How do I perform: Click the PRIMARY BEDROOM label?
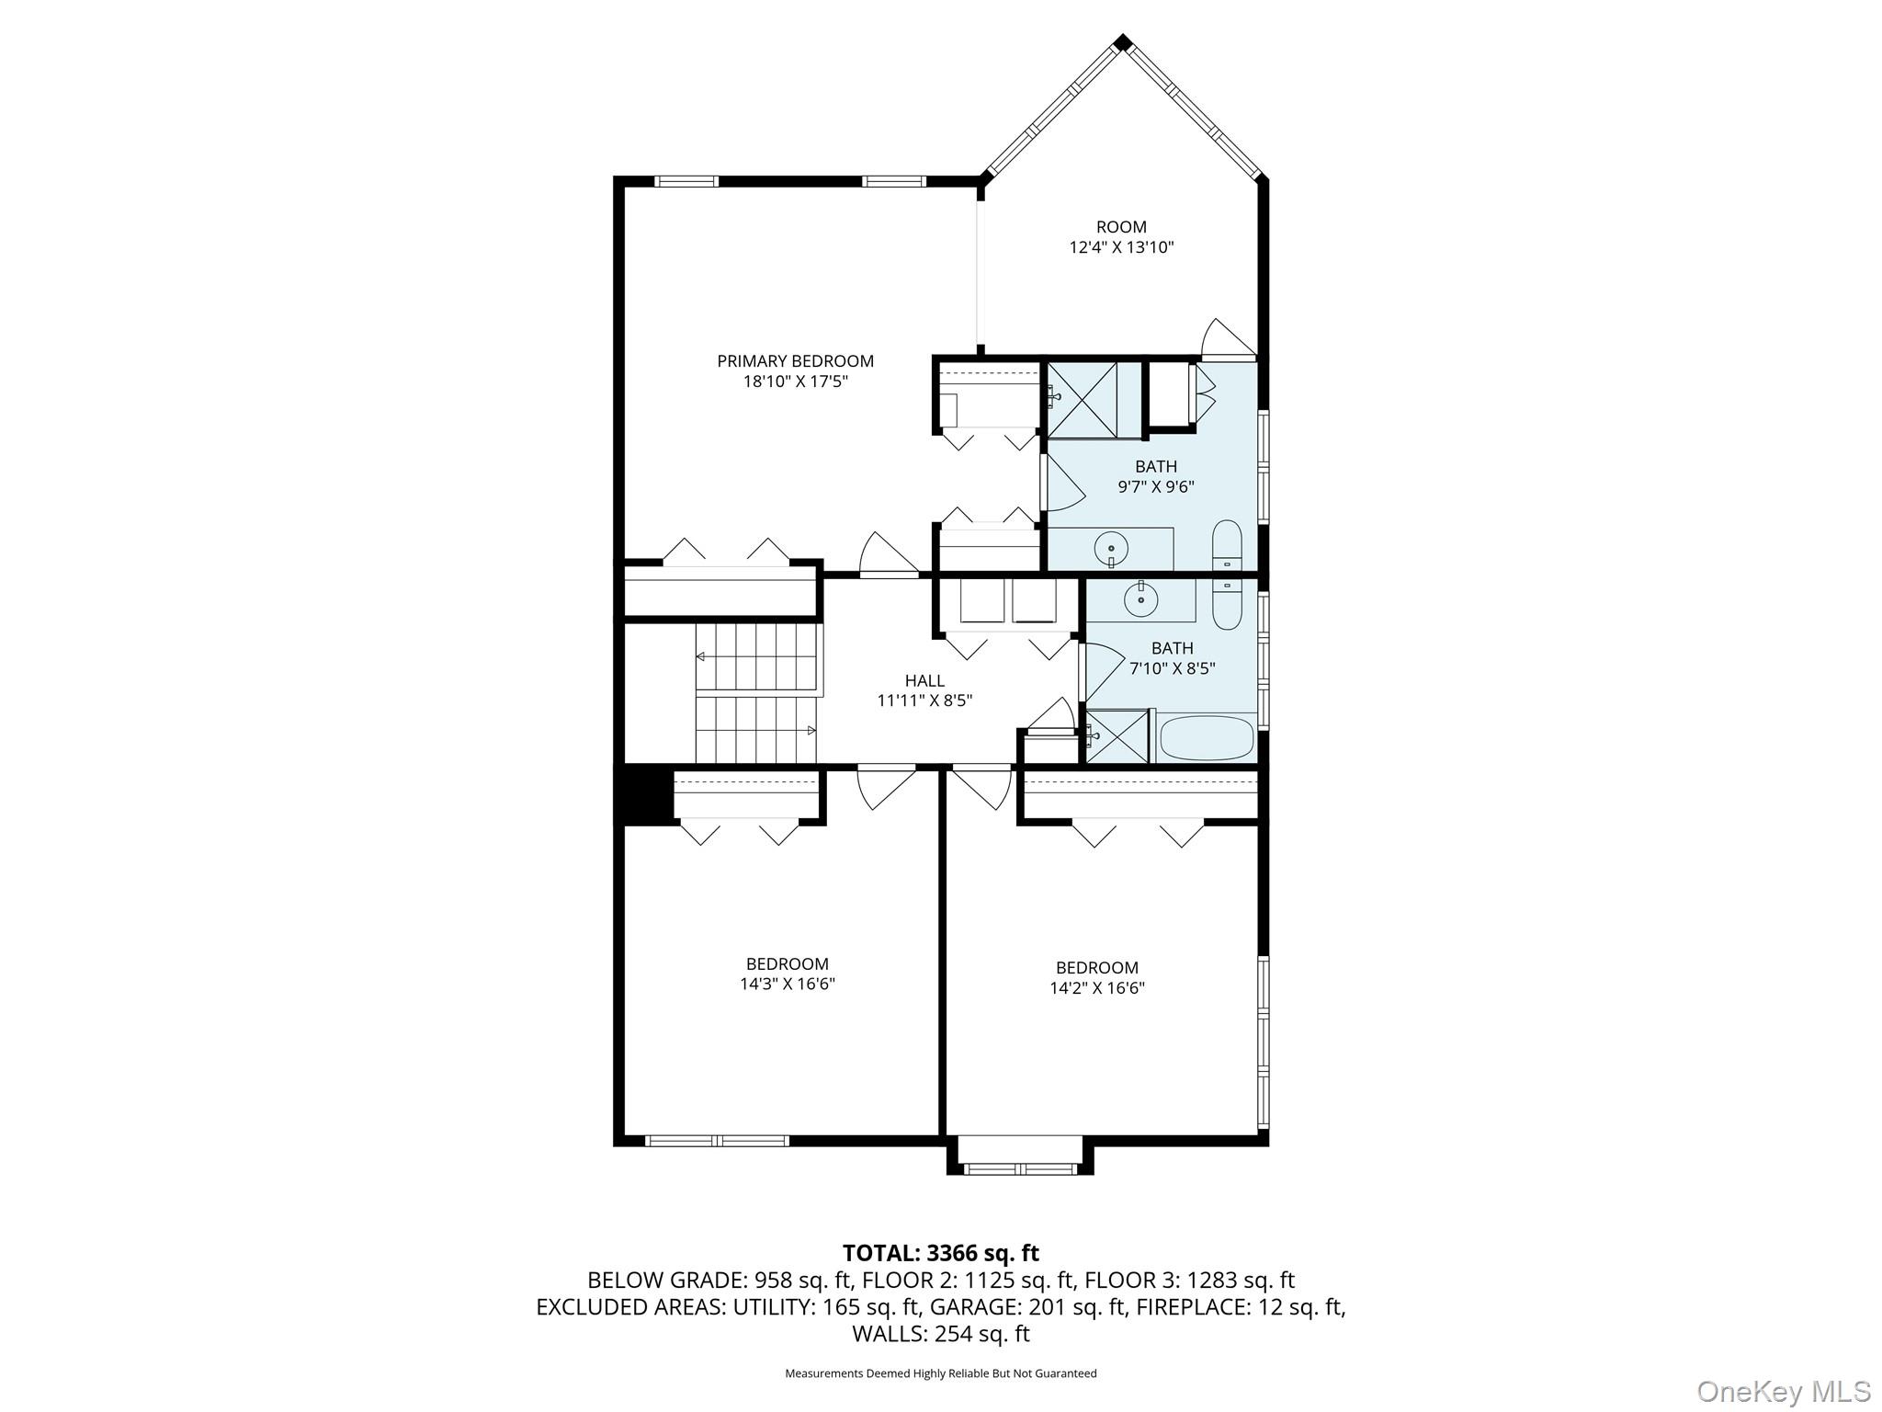795,361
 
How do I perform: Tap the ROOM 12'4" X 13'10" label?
1121,237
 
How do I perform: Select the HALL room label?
924,680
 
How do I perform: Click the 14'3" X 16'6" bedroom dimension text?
788,984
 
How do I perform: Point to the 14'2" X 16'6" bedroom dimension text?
1097,988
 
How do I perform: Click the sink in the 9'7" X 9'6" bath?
1111,549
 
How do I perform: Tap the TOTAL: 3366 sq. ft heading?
941,1253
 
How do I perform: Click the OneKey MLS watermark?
1783,1391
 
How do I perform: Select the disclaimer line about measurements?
941,1373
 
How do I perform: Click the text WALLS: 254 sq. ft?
941,1334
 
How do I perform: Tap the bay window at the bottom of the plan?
1020,1156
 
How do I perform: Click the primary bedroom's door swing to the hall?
888,554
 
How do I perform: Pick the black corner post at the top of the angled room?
1122,42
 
